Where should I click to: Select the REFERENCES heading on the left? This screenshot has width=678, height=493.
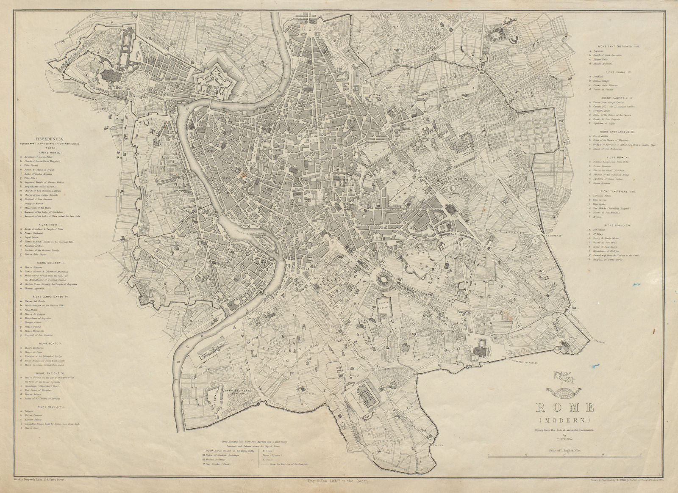pos(50,138)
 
